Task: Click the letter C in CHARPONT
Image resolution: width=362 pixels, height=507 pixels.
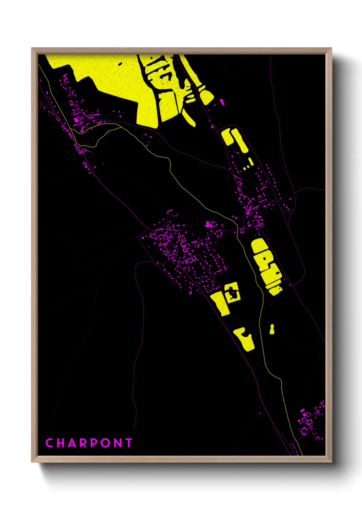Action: coord(50,443)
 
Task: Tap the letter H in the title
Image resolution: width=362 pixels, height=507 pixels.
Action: coord(61,443)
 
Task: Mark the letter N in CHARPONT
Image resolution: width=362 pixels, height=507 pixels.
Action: coord(117,443)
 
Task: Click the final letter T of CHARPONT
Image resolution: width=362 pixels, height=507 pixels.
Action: coord(129,443)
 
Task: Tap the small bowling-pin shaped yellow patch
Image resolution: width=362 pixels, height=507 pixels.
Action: coord(272,330)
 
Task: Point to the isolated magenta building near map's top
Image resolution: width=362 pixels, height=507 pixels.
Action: coord(222,102)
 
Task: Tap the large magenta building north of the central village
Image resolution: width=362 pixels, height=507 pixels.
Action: coord(209,224)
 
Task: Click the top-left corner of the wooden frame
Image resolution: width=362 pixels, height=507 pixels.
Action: coord(32,48)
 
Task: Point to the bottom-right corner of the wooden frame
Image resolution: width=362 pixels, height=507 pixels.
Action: coord(331,462)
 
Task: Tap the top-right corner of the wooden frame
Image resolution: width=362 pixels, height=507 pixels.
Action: coord(331,48)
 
